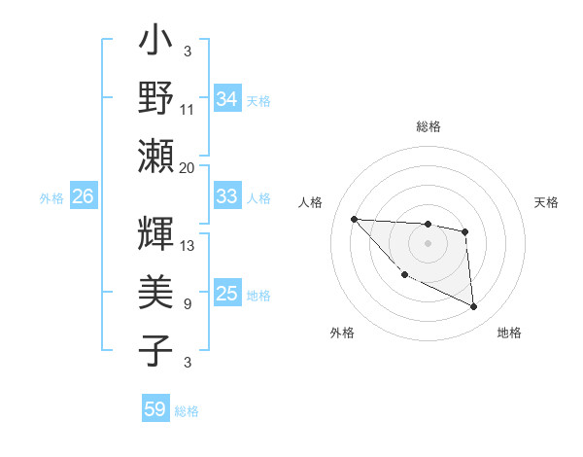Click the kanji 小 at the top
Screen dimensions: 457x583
(x=156, y=44)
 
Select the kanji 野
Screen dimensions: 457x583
(x=156, y=98)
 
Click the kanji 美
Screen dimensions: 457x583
(x=156, y=291)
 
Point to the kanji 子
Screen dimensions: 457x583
(x=156, y=349)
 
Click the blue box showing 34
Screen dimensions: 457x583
(x=227, y=98)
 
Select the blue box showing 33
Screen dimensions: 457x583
(x=227, y=196)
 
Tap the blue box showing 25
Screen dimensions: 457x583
(x=227, y=295)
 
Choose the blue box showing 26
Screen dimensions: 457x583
(x=83, y=196)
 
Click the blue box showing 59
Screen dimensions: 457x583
(x=155, y=409)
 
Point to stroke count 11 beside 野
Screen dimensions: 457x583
(x=188, y=110)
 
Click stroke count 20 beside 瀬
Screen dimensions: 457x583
(x=188, y=167)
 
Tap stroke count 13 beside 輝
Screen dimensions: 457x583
(x=188, y=245)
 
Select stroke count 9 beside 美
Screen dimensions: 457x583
(x=187, y=304)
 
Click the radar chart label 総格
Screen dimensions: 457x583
(x=428, y=126)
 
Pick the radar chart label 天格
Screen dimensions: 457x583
(x=547, y=202)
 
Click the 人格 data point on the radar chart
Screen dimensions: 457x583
(x=354, y=219)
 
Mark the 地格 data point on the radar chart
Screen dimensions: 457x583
(x=474, y=307)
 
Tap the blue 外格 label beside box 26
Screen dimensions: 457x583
(x=51, y=198)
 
